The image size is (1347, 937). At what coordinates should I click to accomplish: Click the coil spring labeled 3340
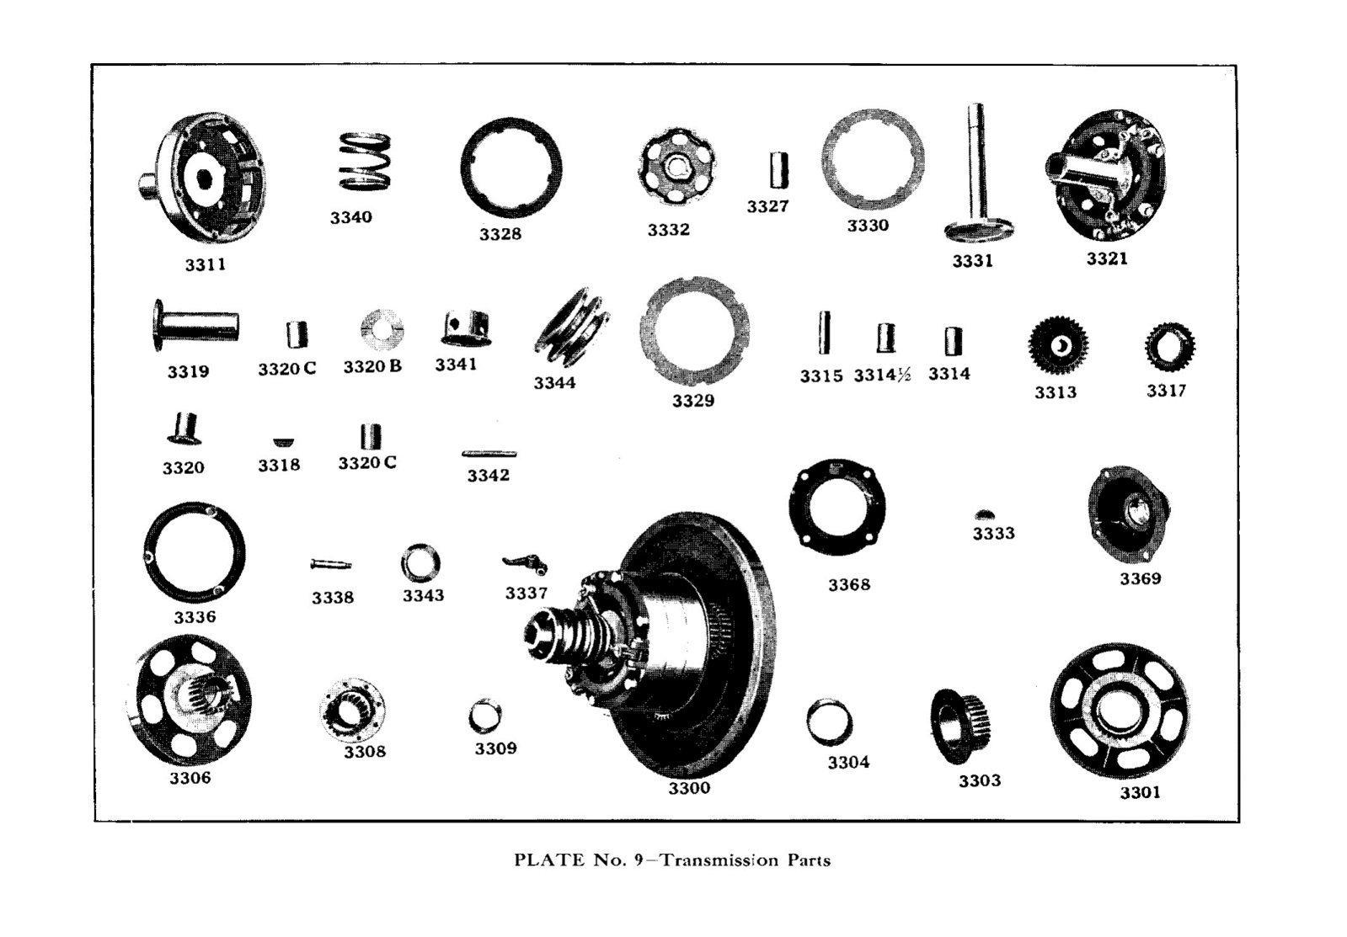[x=364, y=162]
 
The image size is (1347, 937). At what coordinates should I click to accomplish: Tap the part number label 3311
[x=206, y=264]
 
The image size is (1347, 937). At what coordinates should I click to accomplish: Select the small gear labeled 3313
[x=1058, y=346]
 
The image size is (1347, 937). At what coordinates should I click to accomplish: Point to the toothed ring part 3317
[x=1169, y=348]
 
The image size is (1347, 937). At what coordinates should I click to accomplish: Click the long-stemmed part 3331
[x=977, y=177]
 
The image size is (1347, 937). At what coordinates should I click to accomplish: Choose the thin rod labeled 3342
[x=489, y=454]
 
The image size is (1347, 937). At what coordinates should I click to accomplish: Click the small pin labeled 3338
[x=330, y=564]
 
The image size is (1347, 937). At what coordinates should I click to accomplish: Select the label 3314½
[x=882, y=375]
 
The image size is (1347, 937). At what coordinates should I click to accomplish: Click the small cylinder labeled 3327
[x=779, y=170]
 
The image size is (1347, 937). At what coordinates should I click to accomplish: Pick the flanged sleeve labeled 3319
[x=195, y=324]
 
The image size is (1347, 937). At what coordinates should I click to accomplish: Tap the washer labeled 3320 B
[x=382, y=330]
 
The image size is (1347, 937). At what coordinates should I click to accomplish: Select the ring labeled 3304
[x=829, y=722]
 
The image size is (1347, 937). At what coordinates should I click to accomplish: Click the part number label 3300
[x=689, y=789]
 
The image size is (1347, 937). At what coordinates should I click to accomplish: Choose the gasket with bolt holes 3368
[x=837, y=507]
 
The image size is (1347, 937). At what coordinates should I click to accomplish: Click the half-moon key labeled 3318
[x=284, y=442]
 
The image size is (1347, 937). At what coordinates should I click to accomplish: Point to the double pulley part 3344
[x=572, y=329]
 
